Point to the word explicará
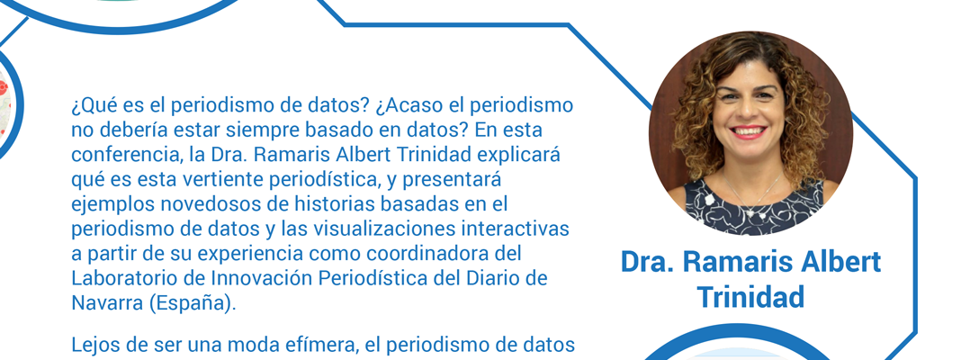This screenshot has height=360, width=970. click(525, 155)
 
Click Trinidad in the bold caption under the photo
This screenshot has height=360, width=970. click(750, 297)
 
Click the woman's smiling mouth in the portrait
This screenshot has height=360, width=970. click(748, 131)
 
